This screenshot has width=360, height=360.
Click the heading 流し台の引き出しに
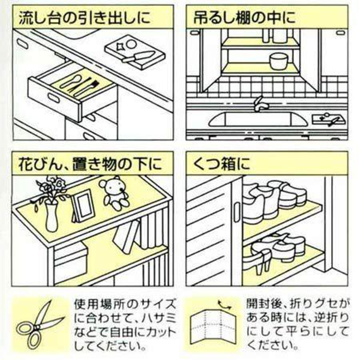click(x=85, y=17)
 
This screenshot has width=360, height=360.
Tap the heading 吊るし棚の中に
click(x=245, y=17)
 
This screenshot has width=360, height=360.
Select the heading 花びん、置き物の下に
click(x=90, y=164)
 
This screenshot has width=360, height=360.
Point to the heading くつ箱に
click(x=221, y=164)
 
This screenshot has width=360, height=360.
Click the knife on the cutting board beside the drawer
click(x=138, y=56)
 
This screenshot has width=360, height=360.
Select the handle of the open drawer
click(x=54, y=98)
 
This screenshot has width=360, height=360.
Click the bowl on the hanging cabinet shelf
click(x=278, y=61)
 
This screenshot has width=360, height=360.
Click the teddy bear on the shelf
click(x=113, y=193)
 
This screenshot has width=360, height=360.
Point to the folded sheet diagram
click(x=214, y=326)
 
